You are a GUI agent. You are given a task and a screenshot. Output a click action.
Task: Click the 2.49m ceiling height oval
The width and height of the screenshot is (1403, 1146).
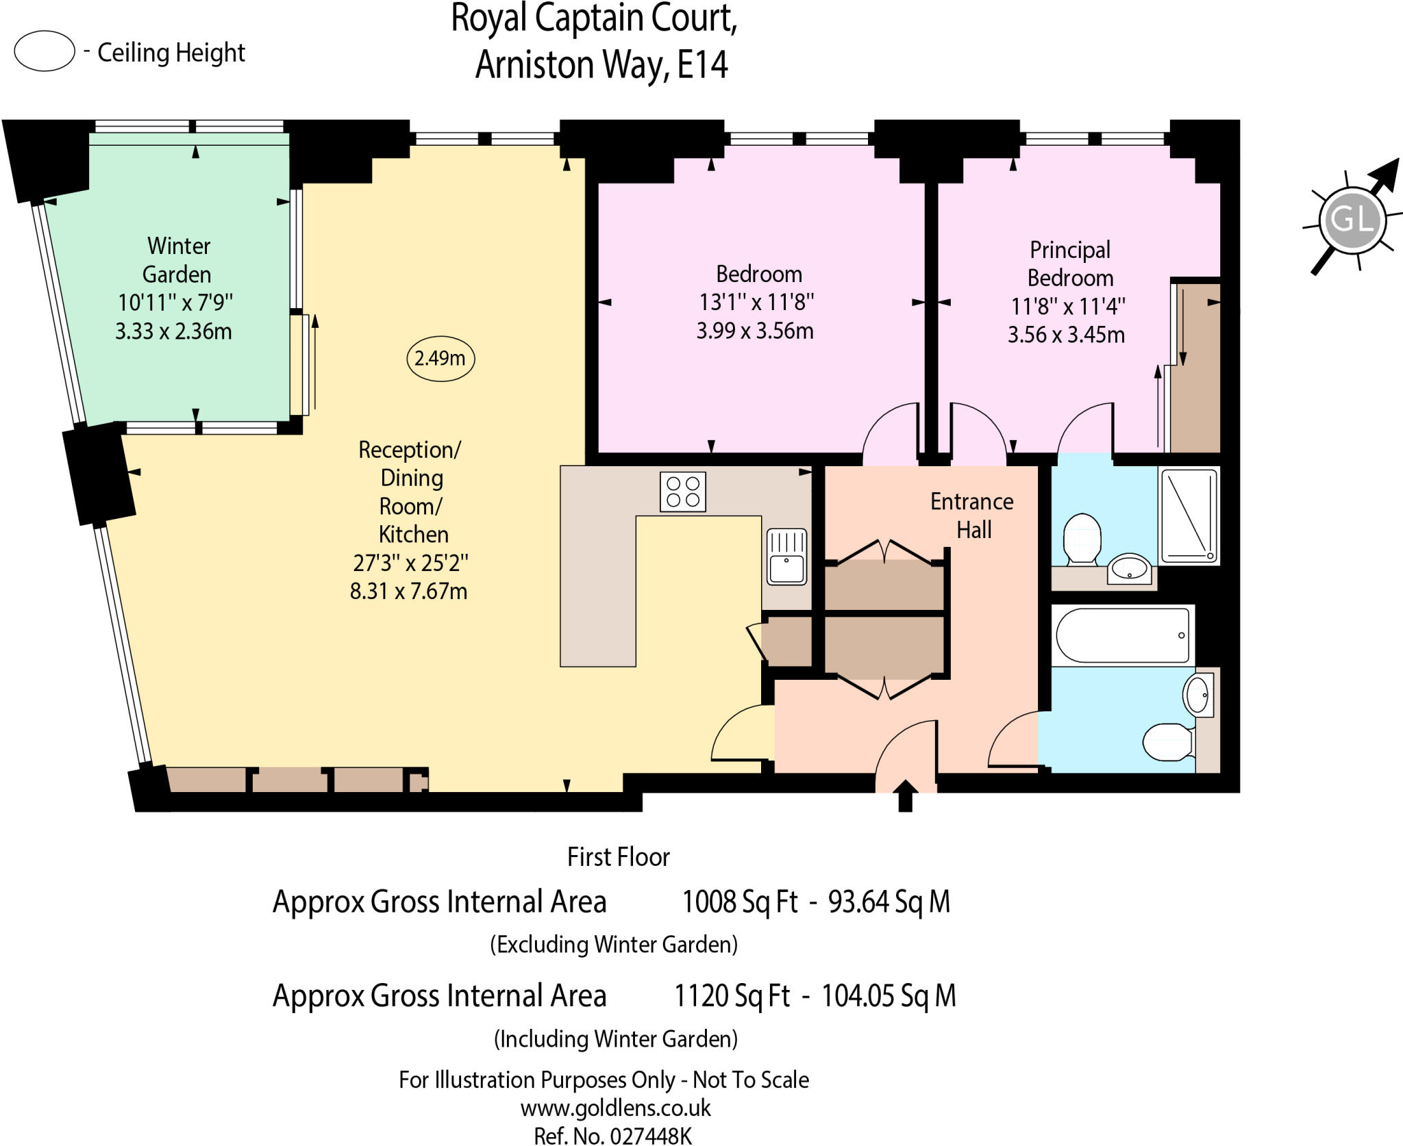click(440, 358)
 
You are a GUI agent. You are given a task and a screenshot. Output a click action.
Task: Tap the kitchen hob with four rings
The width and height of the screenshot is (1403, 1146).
click(683, 492)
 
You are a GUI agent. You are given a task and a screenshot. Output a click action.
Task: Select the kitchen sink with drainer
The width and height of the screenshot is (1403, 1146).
click(786, 557)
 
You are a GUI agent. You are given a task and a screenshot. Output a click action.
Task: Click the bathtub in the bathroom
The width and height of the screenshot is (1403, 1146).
click(1123, 635)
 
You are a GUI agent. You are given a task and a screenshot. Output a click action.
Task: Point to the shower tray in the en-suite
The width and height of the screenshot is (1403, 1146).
click(1189, 515)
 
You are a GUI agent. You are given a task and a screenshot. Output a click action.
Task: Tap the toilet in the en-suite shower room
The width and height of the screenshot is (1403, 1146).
click(1082, 538)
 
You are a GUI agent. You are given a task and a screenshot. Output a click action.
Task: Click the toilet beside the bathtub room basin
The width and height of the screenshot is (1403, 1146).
click(1169, 742)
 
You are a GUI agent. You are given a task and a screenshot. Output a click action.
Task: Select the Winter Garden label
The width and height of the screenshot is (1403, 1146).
click(178, 260)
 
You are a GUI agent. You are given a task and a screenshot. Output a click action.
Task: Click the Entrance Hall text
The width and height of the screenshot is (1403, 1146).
click(972, 515)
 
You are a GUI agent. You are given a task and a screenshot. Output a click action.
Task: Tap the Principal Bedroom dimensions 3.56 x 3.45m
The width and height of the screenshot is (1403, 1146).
click(1066, 335)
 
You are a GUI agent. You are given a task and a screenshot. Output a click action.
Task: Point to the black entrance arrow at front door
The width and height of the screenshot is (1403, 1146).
click(906, 795)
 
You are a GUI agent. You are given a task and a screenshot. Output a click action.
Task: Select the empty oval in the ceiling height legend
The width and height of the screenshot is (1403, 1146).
click(45, 51)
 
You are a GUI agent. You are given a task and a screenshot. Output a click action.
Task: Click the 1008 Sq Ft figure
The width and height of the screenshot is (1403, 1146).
click(740, 902)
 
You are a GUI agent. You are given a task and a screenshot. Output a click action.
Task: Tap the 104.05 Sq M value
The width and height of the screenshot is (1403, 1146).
click(889, 996)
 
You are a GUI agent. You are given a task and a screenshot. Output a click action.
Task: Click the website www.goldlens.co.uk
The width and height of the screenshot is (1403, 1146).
click(615, 1108)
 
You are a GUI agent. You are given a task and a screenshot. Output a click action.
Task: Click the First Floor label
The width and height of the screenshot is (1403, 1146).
click(619, 857)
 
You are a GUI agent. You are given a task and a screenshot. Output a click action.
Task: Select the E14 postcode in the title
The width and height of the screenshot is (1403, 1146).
click(702, 65)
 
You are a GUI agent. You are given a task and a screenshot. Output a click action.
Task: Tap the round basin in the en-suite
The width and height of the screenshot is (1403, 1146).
click(1130, 568)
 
